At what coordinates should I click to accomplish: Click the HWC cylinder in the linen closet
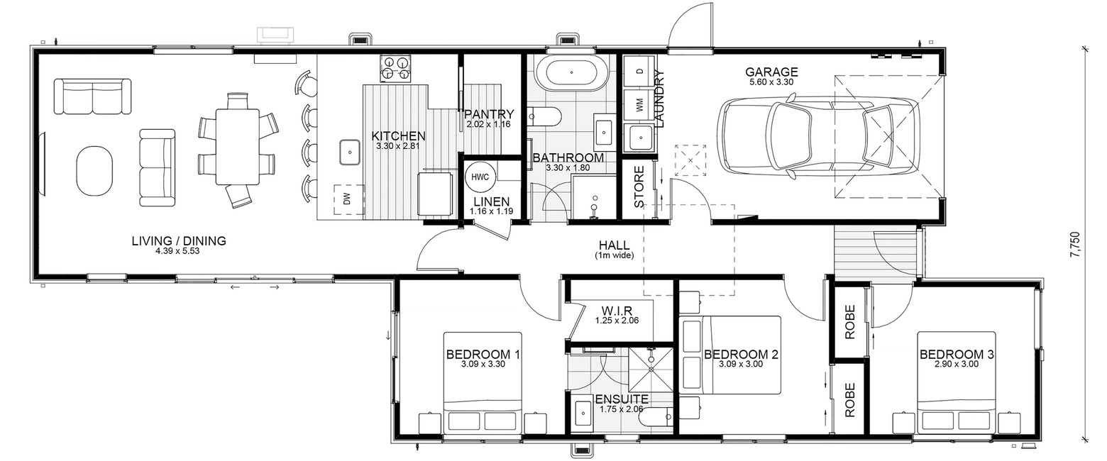coord(480,177)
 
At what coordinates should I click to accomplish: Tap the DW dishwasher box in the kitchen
coord(348,199)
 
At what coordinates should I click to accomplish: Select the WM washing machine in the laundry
coord(640,105)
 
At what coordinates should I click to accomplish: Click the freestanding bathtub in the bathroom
coord(571,72)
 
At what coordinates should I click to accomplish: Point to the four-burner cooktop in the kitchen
coord(395,68)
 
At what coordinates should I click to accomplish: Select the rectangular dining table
coord(237,146)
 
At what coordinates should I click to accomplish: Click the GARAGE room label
coord(771,72)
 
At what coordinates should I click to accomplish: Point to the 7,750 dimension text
coord(1085,245)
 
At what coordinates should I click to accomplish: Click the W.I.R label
coord(617,311)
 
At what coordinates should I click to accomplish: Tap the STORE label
coord(639,187)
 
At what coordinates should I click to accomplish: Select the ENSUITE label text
coord(622,399)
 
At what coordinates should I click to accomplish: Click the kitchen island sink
coord(349,152)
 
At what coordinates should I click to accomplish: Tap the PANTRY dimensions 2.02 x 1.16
coord(488,125)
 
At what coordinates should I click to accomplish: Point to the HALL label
coord(615,245)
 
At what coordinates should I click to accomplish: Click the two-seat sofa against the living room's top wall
coord(92,96)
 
